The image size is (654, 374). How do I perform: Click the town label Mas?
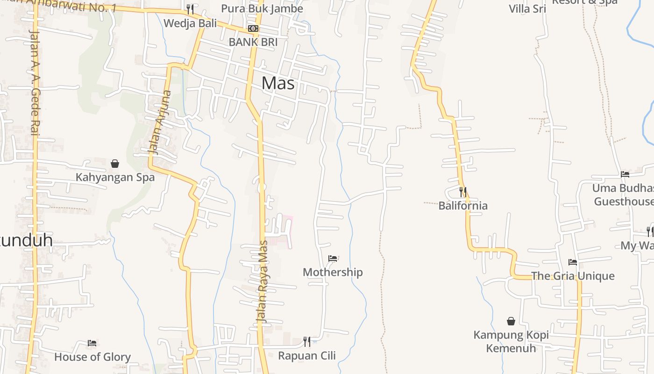278,83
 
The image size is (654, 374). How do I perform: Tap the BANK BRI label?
253,42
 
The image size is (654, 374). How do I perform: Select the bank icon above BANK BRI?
253,29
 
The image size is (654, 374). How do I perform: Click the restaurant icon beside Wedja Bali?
190,9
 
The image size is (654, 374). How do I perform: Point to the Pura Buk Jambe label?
262,8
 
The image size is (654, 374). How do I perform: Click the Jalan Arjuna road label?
159,122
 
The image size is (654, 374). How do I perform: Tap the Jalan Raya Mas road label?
263,280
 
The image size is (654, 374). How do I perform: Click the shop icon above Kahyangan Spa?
115,164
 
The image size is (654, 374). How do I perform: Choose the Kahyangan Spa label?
115,178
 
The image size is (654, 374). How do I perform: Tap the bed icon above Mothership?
333,258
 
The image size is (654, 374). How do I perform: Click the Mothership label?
333,272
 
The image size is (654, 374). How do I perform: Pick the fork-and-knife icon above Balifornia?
462,192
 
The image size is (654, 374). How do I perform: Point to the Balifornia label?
462,206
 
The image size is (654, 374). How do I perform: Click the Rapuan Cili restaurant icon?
306,342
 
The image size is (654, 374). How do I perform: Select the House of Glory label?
92,357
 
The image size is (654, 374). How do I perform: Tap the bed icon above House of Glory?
92,343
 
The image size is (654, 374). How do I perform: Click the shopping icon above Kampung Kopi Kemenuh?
511,321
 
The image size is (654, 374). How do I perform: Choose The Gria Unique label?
573,276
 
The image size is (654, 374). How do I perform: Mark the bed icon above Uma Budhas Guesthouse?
625,174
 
